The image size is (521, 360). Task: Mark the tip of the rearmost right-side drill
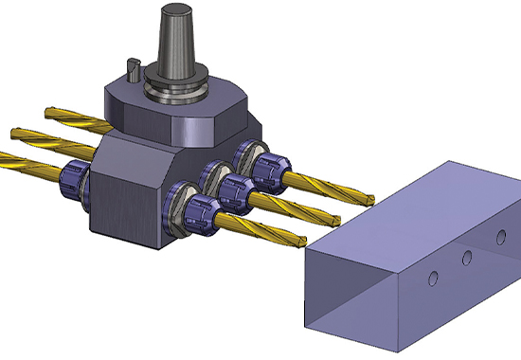tap(373, 196)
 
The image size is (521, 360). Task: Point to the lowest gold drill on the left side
tap(24, 161)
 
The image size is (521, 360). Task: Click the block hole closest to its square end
tap(433, 278)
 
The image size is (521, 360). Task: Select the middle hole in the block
tap(466, 258)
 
